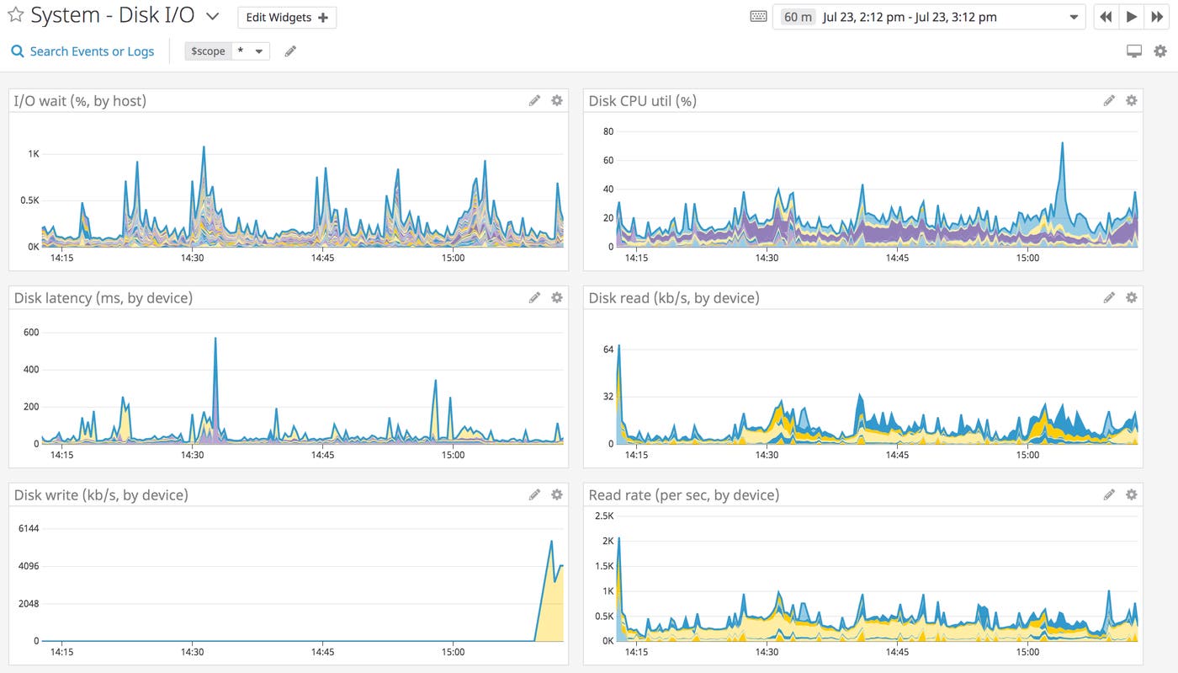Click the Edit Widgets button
click(287, 18)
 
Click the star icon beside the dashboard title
click(15, 16)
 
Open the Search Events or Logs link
click(82, 51)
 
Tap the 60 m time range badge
click(797, 17)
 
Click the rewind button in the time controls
click(1106, 17)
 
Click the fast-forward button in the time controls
click(1157, 17)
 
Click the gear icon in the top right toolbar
click(1160, 51)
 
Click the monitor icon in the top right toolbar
click(1134, 51)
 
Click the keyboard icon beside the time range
click(758, 17)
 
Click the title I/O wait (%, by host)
click(80, 101)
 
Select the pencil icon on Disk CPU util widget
click(1109, 101)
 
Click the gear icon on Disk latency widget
click(556, 297)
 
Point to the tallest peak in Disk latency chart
click(215, 339)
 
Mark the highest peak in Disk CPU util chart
click(1063, 143)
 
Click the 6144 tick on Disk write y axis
click(28, 528)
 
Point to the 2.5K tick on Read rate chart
click(603, 515)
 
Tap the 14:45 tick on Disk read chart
click(897, 455)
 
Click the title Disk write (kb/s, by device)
click(101, 495)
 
